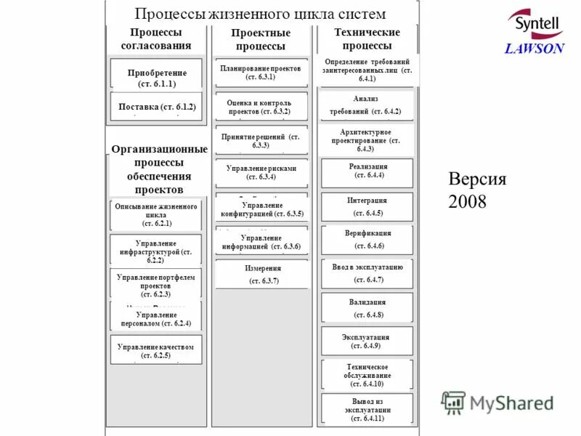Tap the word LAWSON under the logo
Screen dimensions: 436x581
point(535,49)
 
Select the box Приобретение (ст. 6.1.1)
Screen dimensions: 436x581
point(156,78)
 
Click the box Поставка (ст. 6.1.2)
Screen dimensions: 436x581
point(156,106)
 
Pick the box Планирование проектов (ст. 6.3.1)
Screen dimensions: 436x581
point(261,72)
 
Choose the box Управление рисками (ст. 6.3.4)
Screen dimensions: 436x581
point(261,171)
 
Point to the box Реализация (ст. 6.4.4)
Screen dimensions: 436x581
point(367,171)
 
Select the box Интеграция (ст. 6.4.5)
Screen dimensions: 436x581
point(367,206)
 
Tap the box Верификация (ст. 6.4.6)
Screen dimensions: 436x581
point(367,240)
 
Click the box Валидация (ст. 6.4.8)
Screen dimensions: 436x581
point(367,307)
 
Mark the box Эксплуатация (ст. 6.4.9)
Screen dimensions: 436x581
point(367,342)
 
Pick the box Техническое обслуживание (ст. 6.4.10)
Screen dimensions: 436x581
point(367,375)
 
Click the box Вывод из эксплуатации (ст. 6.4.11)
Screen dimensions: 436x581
point(367,408)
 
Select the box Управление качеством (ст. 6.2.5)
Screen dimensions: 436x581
point(156,350)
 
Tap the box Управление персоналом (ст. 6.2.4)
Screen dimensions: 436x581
point(156,318)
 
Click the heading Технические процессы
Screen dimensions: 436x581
point(367,39)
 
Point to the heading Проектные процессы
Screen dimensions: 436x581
point(261,39)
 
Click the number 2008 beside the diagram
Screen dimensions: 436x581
point(468,201)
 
